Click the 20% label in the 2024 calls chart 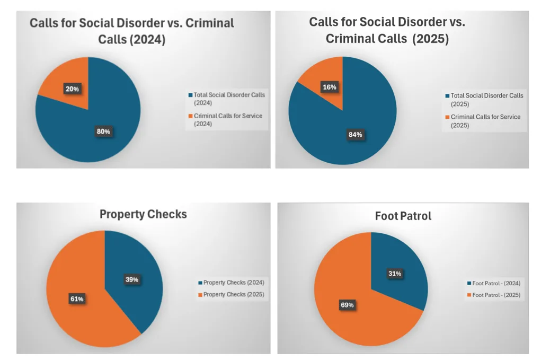point(72,89)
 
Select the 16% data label point(330,87)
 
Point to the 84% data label point(355,135)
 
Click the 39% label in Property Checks point(132,279)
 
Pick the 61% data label point(76,298)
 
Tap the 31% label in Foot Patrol point(394,274)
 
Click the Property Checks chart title point(143,214)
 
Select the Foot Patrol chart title point(403,216)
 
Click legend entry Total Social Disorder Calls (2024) point(229,98)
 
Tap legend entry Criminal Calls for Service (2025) point(485,121)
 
